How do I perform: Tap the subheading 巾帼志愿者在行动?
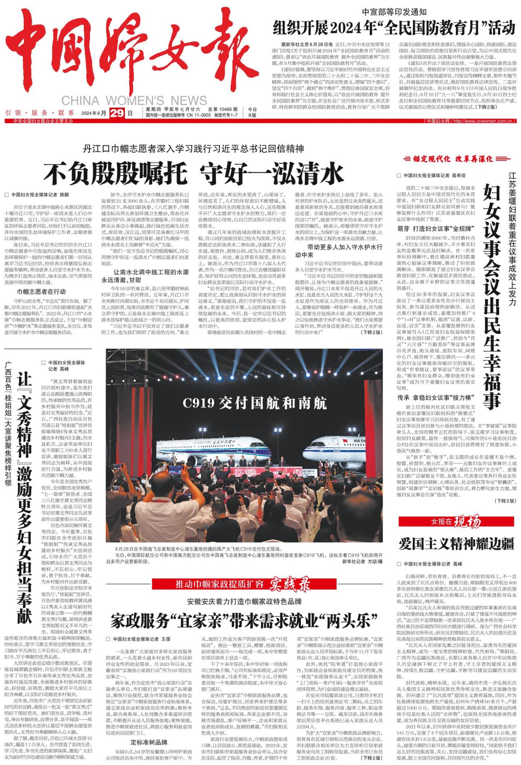[x=41, y=292]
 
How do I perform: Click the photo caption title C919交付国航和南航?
[x=255, y=403]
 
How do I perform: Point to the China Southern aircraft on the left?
[x=216, y=447]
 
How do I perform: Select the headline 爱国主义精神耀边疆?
[x=456, y=544]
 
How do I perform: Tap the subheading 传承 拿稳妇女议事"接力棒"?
[x=436, y=398]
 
